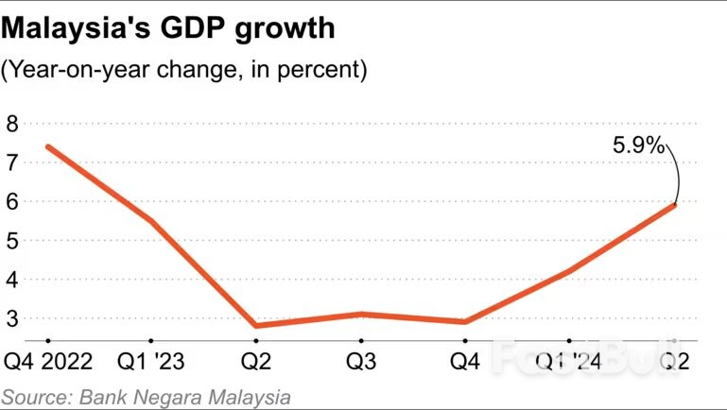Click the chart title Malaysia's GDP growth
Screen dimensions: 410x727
[169, 29]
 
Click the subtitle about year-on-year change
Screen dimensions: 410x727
[185, 70]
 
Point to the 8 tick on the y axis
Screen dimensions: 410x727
[12, 123]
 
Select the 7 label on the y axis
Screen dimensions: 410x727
[12, 162]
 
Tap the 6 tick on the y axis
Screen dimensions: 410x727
[12, 201]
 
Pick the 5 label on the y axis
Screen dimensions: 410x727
[12, 240]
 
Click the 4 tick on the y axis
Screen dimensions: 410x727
[12, 280]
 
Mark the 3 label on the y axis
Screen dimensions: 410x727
[12, 318]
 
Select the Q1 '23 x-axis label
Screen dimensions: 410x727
[151, 363]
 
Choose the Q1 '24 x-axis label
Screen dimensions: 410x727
[569, 363]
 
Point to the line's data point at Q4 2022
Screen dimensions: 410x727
[47, 146]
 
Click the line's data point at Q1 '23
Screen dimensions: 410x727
[151, 221]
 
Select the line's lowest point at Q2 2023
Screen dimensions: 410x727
[255, 326]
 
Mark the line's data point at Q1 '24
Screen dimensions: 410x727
[569, 271]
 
